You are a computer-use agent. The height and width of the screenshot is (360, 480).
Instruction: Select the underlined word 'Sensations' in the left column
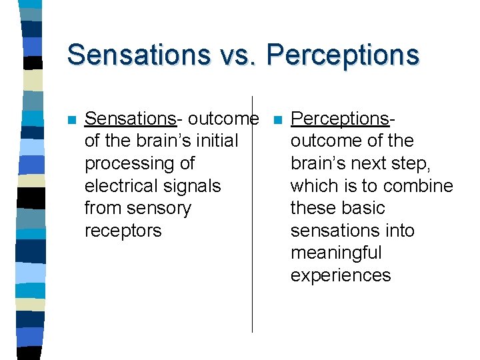[130, 119]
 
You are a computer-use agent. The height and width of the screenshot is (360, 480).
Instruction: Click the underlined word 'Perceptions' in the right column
[339, 119]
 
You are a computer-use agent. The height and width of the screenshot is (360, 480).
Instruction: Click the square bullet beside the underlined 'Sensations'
[71, 121]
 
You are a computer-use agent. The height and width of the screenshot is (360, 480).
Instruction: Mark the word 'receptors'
[123, 231]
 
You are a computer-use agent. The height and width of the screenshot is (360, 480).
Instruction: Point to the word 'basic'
[363, 208]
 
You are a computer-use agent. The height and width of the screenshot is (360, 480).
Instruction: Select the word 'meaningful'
[336, 253]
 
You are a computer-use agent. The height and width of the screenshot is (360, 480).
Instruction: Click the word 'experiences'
[340, 276]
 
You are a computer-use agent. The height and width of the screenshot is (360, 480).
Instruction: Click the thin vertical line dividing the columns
[252, 267]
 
